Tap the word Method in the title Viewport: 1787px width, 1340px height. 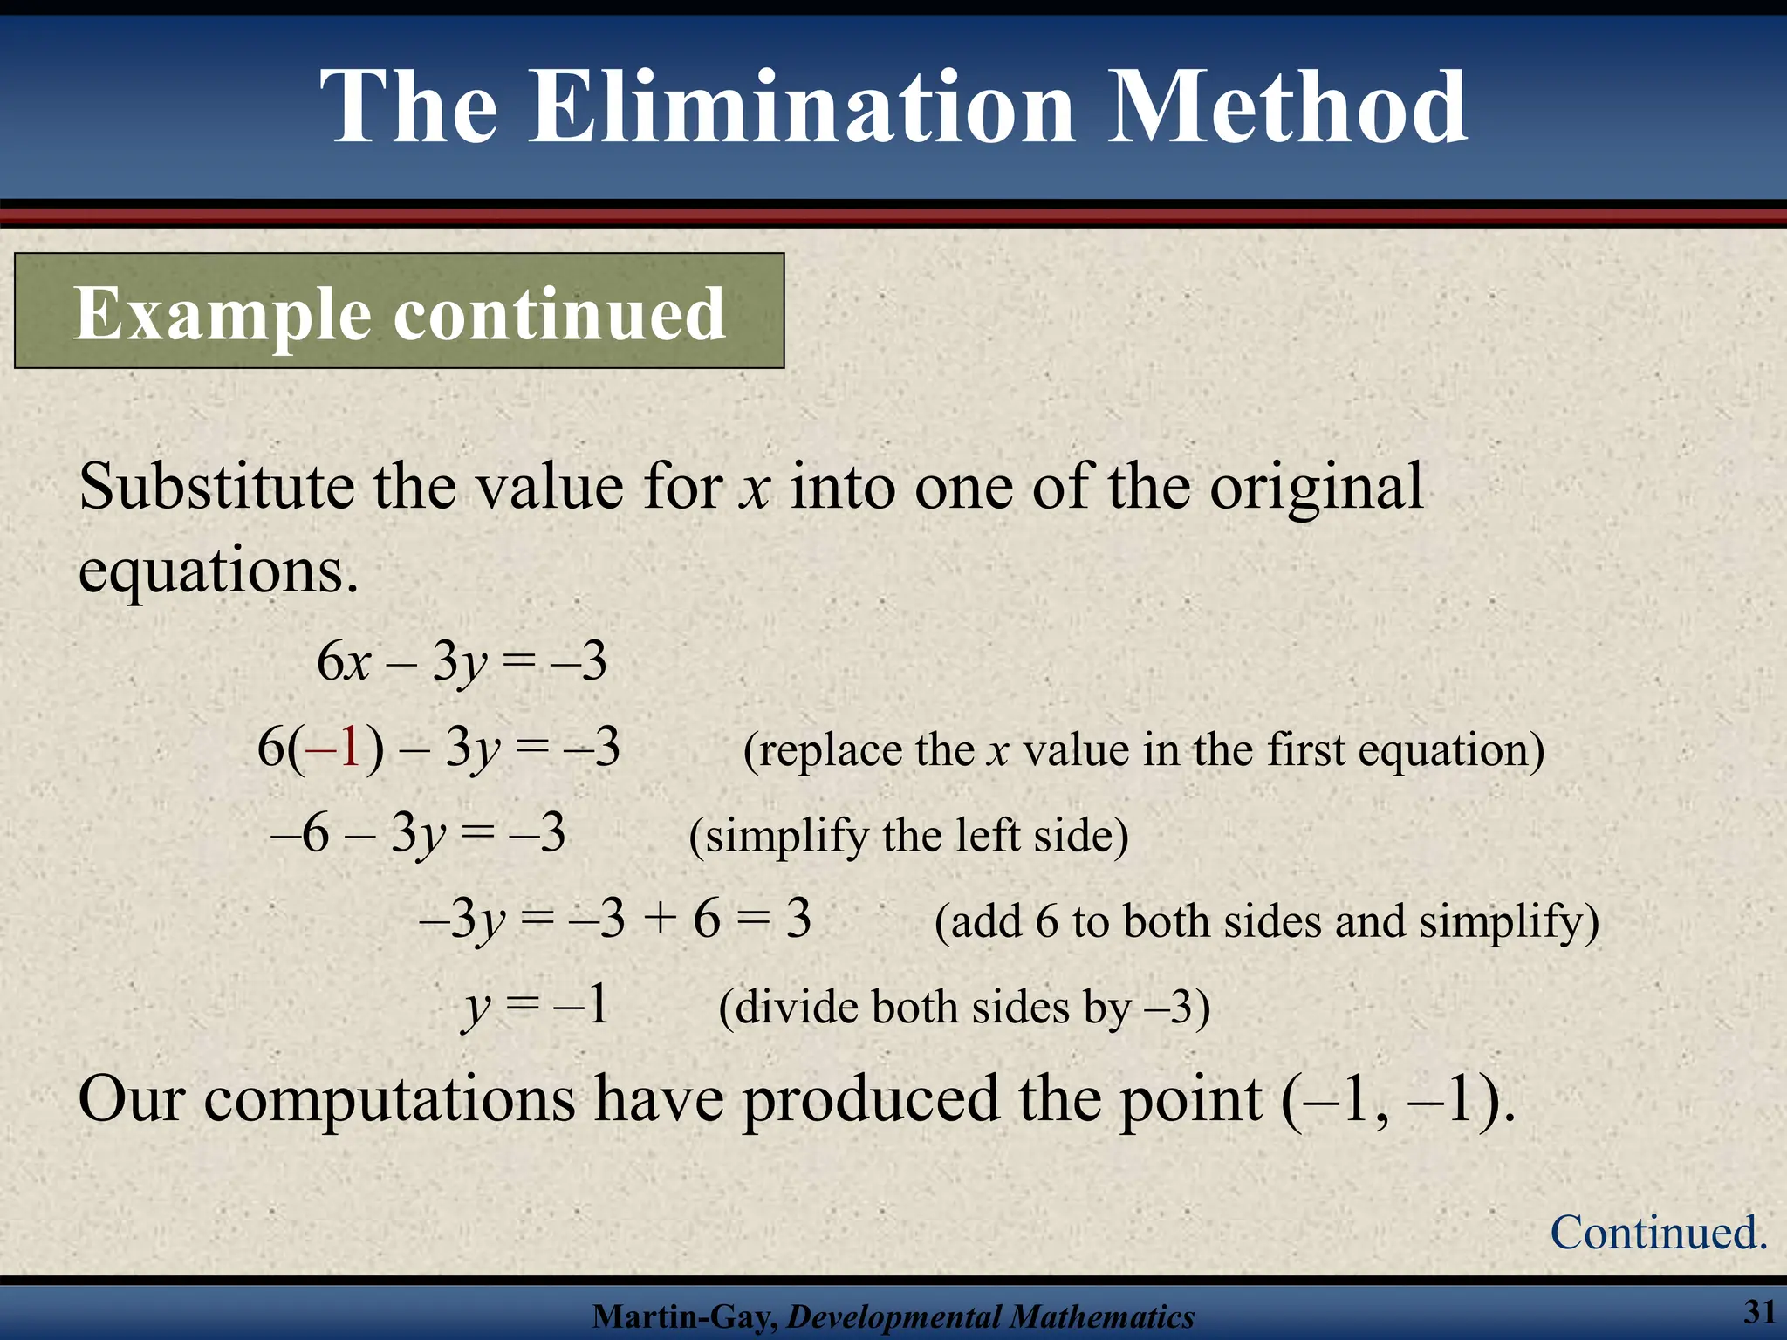coord(1287,108)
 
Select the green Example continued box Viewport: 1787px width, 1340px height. coord(400,311)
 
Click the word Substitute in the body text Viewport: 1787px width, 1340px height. coord(216,487)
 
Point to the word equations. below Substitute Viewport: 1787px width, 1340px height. coord(218,571)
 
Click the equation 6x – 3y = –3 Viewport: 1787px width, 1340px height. coord(462,662)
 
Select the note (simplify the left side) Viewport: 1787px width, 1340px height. coord(908,836)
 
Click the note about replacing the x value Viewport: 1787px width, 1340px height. coord(1143,749)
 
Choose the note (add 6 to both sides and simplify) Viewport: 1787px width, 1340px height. coord(1266,921)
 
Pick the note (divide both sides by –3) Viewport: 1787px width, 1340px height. coord(964,1008)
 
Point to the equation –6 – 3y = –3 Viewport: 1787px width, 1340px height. coord(418,834)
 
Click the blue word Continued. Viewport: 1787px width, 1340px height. coord(1658,1233)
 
